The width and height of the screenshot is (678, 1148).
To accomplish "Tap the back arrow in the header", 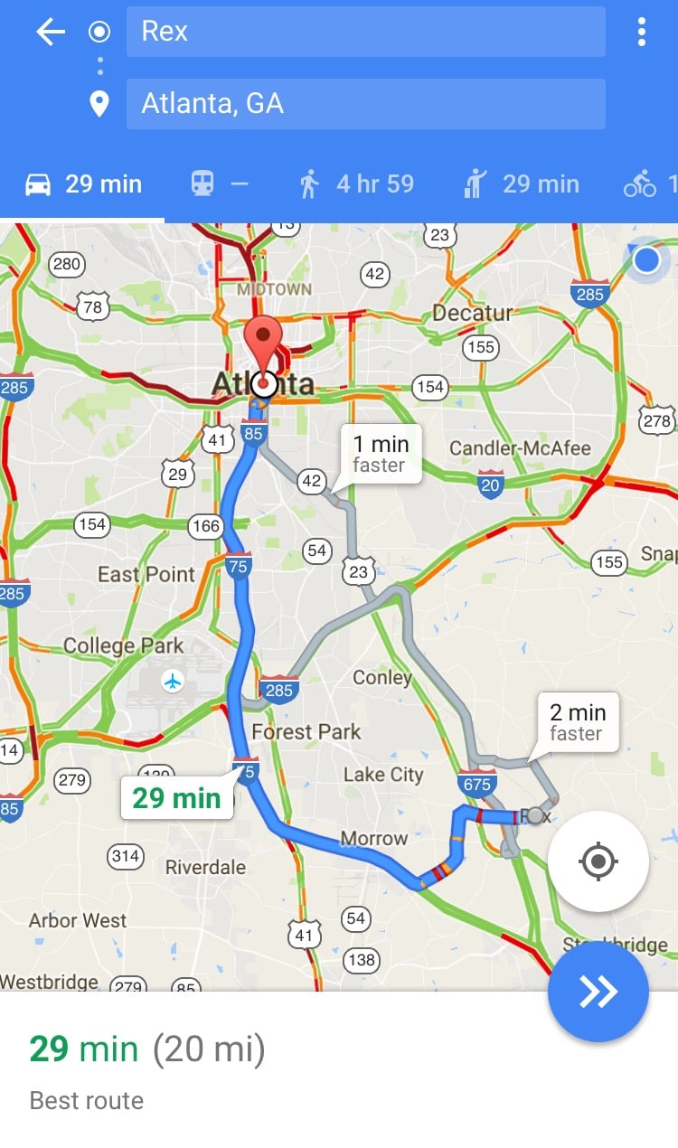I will (51, 33).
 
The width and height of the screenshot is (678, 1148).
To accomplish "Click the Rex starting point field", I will (365, 32).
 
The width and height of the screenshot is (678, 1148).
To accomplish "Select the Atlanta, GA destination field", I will (365, 104).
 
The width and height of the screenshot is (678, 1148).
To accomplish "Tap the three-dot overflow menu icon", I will (642, 33).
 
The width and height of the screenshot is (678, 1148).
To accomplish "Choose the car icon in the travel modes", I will (38, 184).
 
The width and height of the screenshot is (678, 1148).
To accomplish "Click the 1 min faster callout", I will (381, 454).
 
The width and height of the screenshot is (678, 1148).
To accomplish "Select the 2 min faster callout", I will (577, 722).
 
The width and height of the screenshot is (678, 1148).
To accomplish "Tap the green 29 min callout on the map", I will (177, 798).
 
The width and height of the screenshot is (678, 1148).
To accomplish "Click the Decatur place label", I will (472, 313).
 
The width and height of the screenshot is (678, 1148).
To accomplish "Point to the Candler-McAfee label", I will (520, 448).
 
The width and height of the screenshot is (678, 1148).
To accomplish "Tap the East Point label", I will (146, 575).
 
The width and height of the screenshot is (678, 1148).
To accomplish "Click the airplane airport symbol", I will (172, 681).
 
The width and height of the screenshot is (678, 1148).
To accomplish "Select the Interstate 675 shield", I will (476, 783).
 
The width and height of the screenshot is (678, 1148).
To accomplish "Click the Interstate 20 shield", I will (491, 485).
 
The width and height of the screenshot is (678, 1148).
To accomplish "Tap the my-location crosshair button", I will (598, 861).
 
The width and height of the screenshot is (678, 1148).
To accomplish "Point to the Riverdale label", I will (205, 868).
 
